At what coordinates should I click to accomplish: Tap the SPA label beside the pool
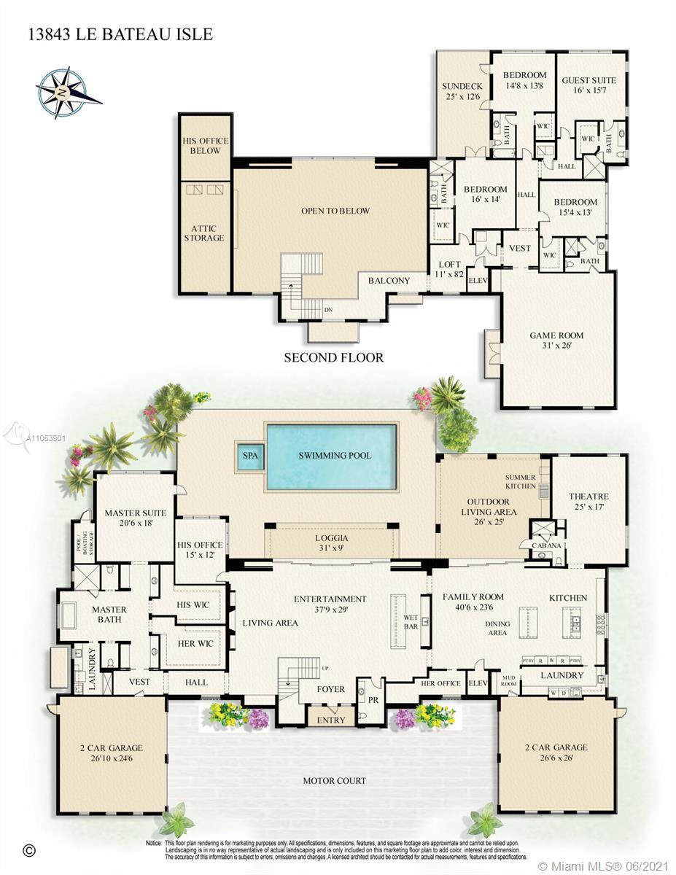click(250, 456)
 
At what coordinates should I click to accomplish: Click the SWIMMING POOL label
click(335, 456)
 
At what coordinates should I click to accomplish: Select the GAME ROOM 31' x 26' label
click(556, 341)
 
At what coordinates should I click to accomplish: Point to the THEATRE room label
click(588, 502)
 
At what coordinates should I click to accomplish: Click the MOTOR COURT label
click(335, 781)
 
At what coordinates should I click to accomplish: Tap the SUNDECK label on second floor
click(462, 91)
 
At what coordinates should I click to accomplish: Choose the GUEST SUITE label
click(588, 85)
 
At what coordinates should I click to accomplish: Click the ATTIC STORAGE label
click(204, 233)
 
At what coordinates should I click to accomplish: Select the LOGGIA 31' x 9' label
click(331, 542)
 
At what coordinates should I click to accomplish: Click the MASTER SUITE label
click(135, 518)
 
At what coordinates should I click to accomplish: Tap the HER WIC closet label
click(196, 644)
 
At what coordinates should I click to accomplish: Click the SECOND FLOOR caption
click(333, 358)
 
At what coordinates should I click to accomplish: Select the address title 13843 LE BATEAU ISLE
click(121, 34)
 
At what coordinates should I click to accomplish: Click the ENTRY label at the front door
click(331, 720)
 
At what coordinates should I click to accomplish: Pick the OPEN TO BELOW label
click(335, 211)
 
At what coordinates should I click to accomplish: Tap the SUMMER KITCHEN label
click(521, 482)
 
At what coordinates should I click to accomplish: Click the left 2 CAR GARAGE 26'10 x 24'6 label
click(111, 752)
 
